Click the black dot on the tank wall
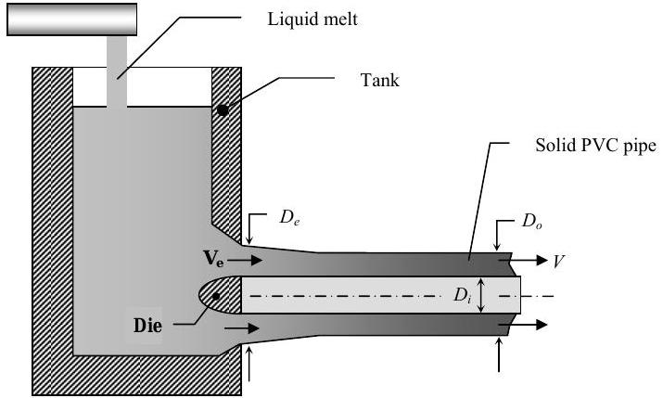pos(223,110)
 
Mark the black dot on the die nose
pos(215,295)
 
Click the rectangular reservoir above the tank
pos(72,19)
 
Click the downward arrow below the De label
pos(249,231)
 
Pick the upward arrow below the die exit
pos(249,363)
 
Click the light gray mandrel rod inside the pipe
pos(371,296)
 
